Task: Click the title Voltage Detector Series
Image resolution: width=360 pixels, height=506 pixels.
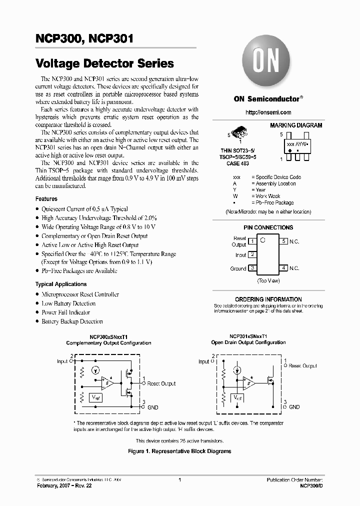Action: tap(104, 63)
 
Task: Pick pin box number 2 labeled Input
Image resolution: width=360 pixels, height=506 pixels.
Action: tap(253, 254)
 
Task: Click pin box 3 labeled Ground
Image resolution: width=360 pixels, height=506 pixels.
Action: tap(253, 268)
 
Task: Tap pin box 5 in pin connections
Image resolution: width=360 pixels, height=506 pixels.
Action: tap(283, 241)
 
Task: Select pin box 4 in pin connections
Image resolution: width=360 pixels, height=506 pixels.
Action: tap(283, 268)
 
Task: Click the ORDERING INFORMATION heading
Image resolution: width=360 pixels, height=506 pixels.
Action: tap(268, 299)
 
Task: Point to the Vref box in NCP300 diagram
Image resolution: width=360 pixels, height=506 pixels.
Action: tap(95, 397)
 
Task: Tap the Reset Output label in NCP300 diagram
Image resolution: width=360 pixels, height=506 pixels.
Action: tap(161, 383)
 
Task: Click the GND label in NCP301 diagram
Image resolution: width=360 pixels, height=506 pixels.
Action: tap(294, 407)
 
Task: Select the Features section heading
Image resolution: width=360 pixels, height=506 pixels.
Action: tap(46, 199)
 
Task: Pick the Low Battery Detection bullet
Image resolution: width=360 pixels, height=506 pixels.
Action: tap(68, 303)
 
